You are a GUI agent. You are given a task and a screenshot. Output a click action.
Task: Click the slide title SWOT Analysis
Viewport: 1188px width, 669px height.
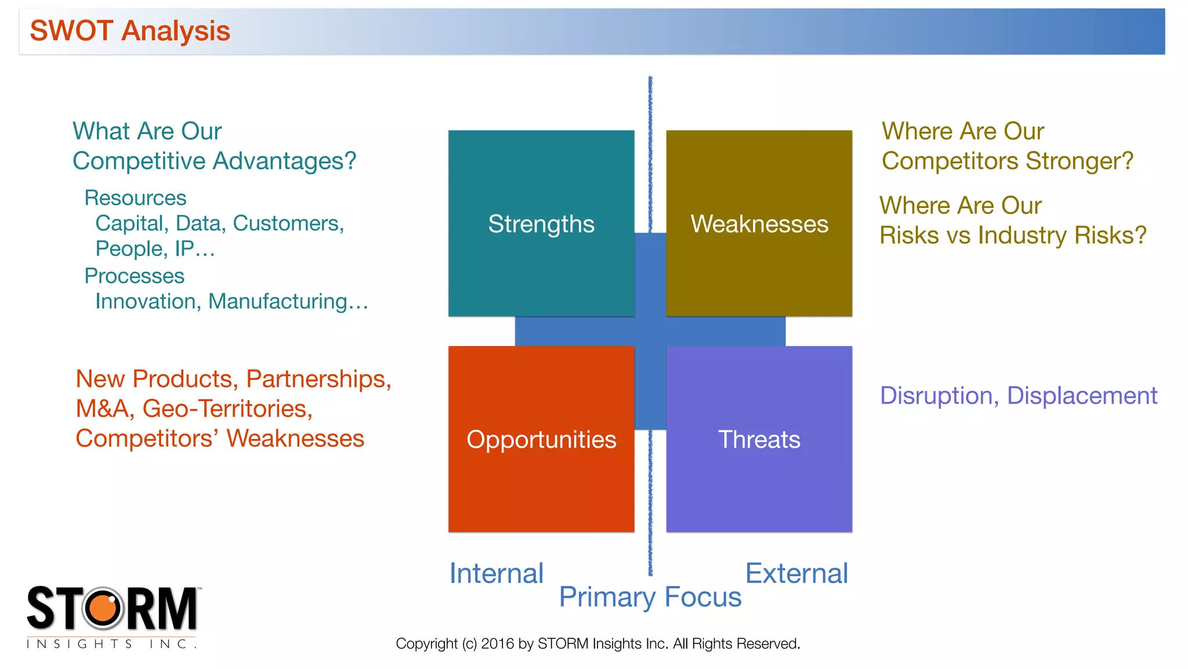tap(130, 31)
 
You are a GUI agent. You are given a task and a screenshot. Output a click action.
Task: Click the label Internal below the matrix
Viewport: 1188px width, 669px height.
tap(497, 574)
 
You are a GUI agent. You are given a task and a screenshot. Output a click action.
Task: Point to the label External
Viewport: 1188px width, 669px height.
tap(796, 574)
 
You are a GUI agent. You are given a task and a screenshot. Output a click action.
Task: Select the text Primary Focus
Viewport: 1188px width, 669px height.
tap(650, 597)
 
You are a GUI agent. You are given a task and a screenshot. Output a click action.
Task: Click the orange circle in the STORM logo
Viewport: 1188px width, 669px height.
tap(103, 608)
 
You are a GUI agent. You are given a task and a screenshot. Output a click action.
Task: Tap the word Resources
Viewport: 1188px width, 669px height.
tap(135, 198)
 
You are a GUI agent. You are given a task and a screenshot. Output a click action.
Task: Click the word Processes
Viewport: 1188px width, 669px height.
tap(134, 276)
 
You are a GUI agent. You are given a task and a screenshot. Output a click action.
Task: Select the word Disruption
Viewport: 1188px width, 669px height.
tap(939, 396)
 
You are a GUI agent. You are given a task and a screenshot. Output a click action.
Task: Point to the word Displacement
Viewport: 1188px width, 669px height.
tap(1082, 396)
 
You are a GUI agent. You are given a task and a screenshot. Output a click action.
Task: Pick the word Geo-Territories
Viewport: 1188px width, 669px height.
tap(227, 409)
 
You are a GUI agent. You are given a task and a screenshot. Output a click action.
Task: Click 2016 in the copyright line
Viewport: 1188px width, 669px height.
tap(497, 643)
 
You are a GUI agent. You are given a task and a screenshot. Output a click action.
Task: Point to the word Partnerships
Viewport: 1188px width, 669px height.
tap(318, 379)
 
